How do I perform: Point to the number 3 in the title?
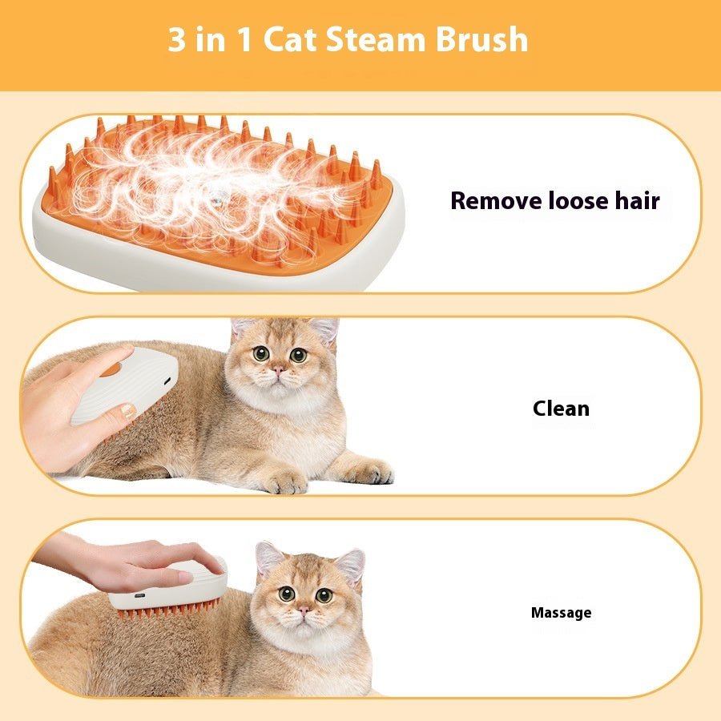coord(176,40)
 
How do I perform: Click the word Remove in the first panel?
coord(495,200)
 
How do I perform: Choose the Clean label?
coord(561,409)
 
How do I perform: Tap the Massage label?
coord(561,613)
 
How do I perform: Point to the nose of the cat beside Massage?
coord(304,611)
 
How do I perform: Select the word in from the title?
coord(211,40)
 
